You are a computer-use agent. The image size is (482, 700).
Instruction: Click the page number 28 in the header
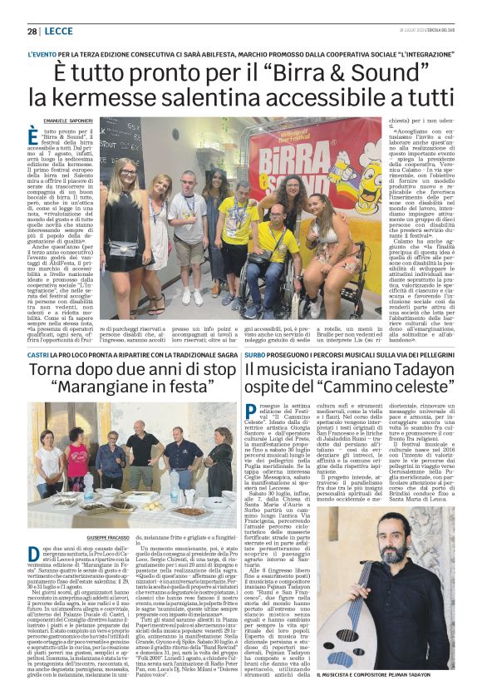point(32,32)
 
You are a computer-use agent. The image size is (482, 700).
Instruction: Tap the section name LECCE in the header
point(59,32)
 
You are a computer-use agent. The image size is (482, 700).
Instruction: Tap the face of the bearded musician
point(400,550)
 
